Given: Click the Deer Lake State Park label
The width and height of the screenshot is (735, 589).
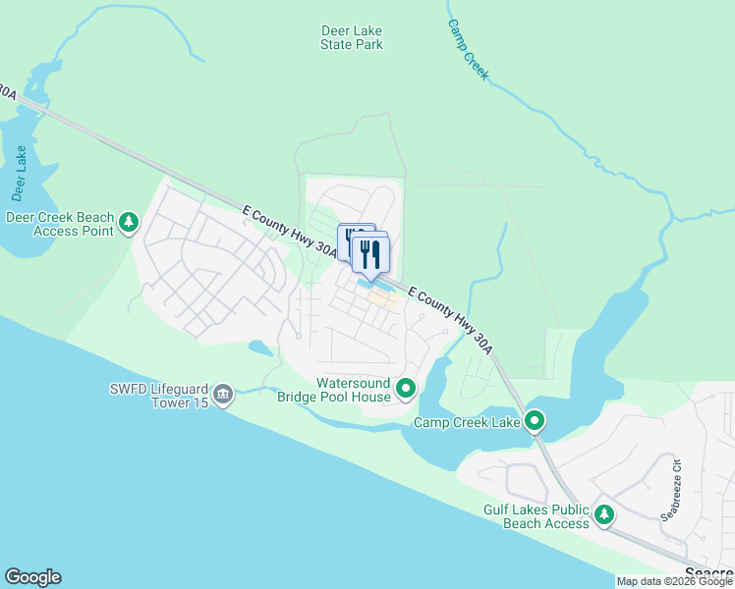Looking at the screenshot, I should [x=352, y=37].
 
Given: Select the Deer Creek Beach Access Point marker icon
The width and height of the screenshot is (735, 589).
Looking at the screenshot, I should [x=129, y=224].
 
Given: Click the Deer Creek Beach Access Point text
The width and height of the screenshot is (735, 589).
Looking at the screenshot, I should [x=60, y=224].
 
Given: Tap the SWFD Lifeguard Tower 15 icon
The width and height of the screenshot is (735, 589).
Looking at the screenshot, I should [x=223, y=396].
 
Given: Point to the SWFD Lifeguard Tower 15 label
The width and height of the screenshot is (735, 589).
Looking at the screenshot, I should [x=159, y=396].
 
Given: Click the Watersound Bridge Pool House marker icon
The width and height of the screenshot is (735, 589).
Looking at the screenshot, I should [x=406, y=391].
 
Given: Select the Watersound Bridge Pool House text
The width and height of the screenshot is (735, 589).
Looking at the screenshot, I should [x=353, y=389].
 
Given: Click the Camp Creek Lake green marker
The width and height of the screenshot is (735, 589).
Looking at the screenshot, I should [x=535, y=422].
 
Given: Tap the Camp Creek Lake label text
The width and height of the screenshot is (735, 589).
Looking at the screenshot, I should [x=466, y=423].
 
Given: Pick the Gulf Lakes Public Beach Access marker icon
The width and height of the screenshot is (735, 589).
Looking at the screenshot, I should [x=604, y=515].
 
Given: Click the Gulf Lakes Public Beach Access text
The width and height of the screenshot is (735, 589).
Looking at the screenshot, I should [x=537, y=516].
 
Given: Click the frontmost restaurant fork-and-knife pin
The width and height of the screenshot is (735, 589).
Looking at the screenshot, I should [x=371, y=254].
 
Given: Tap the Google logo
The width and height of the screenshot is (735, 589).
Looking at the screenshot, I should [x=32, y=577].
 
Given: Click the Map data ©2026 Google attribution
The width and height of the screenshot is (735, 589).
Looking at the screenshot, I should [x=675, y=581].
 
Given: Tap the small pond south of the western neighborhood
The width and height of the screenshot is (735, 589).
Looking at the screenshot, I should [x=260, y=348].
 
